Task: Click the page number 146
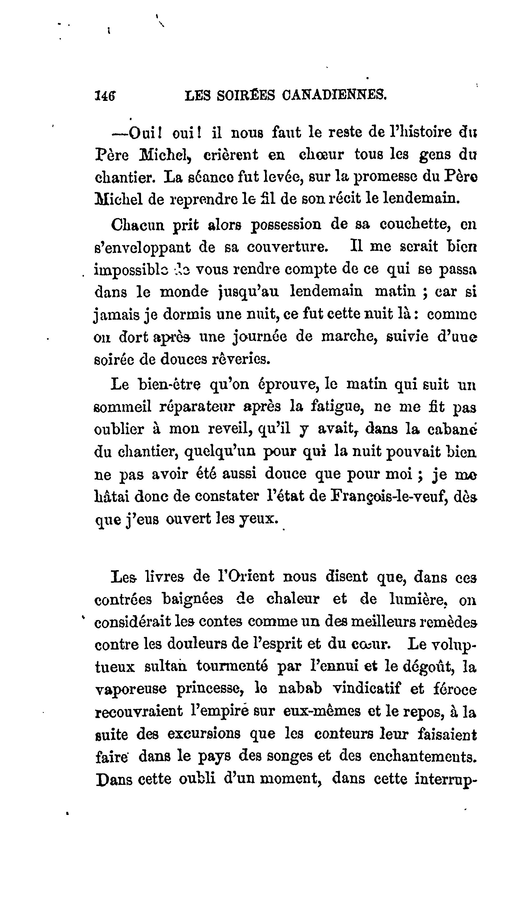point(105,95)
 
